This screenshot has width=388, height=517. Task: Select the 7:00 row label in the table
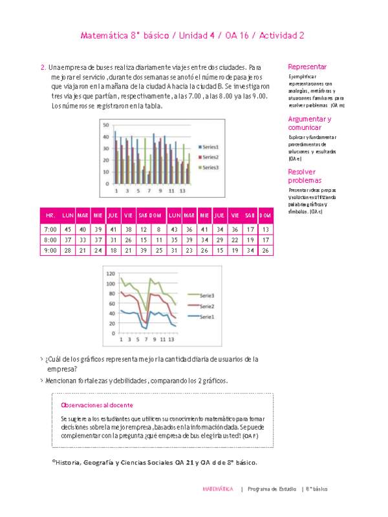coord(49,229)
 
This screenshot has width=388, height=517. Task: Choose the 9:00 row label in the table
coord(49,250)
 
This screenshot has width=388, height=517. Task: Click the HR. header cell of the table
coord(49,215)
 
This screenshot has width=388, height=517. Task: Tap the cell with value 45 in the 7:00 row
coord(67,229)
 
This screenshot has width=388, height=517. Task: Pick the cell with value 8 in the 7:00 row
coord(158,229)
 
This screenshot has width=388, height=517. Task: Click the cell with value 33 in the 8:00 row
coord(82,240)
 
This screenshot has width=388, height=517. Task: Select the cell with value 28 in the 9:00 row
coord(67,250)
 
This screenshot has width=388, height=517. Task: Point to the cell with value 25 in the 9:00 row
coord(158,250)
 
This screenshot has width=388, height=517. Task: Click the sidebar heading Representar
coord(307,67)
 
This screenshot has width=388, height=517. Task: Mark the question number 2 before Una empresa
coord(43,67)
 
